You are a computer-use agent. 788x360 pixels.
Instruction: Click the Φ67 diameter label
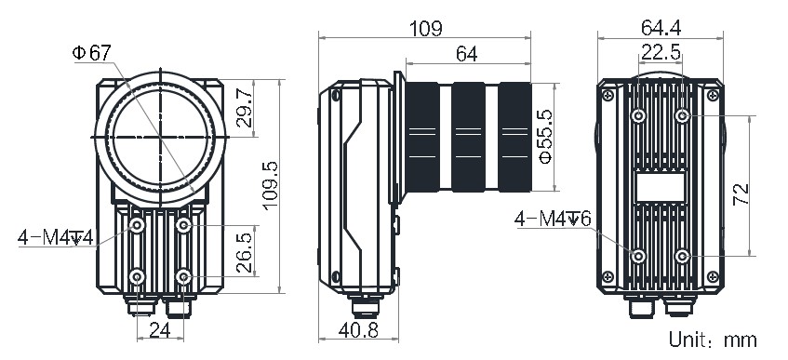pos(91,53)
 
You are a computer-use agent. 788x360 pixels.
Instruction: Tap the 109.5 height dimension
pos(270,186)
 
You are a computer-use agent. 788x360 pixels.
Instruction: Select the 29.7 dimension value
pos(245,109)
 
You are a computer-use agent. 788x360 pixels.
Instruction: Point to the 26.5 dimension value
pos(245,253)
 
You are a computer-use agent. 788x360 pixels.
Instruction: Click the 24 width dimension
pos(160,330)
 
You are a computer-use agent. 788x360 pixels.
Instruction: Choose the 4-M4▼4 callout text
pos(55,237)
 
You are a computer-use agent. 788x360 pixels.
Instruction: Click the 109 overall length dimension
pos(425,29)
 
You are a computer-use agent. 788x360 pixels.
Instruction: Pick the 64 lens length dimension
pos(467,54)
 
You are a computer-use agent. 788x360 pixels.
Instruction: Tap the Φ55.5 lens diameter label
pos(545,137)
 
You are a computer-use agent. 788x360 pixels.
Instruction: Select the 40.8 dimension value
pos(358,330)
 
